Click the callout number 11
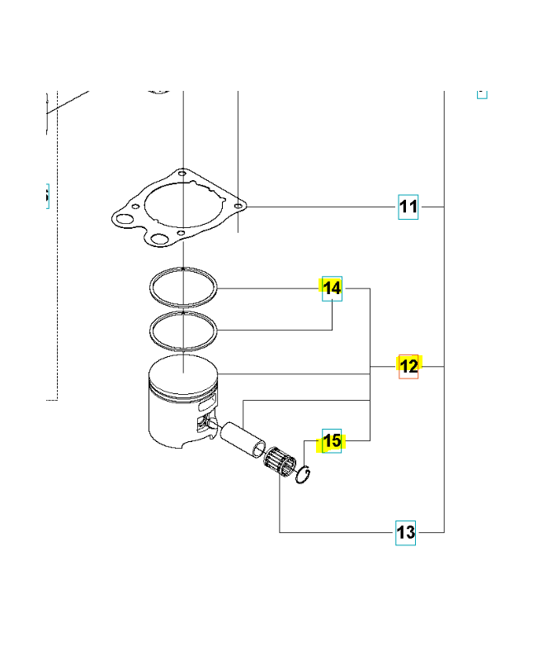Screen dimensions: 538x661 [408, 207]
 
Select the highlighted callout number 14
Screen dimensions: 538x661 [332, 288]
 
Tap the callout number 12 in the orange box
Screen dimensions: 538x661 [408, 366]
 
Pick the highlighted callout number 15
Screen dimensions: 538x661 [332, 441]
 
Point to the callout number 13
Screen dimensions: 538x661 [405, 532]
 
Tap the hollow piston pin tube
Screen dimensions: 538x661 [243, 440]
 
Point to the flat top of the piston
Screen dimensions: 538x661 [183, 373]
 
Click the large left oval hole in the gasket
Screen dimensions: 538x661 [125, 219]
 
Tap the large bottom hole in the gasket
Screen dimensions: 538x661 [158, 240]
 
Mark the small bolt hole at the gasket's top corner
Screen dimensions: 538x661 [182, 173]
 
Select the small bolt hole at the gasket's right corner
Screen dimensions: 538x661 [238, 207]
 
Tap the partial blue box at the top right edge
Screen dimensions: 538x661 [482, 94]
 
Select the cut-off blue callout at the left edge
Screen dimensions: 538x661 [48, 196]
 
